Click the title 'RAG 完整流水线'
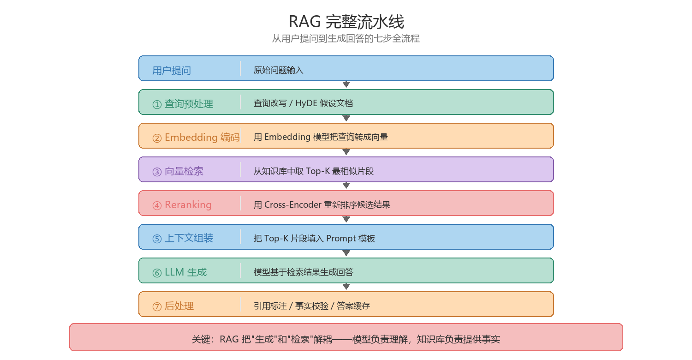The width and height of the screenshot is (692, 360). tap(346, 22)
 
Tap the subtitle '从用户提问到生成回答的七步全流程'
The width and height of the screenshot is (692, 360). tap(346, 38)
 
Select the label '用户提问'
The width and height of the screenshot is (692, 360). tap(172, 71)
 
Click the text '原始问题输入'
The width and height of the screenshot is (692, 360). tap(278, 70)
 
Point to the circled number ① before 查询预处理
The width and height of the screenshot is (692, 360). tap(157, 104)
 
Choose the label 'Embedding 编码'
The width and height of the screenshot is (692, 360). tap(202, 137)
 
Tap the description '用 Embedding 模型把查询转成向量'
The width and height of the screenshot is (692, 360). tap(321, 137)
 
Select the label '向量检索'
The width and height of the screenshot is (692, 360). tap(184, 171)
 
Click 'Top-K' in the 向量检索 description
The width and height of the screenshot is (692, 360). tap(318, 171)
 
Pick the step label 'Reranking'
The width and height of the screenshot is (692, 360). tap(188, 204)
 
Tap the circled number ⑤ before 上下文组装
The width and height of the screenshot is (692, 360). tap(157, 239)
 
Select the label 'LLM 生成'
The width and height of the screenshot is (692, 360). tap(185, 272)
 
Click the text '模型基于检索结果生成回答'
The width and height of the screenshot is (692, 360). tap(304, 272)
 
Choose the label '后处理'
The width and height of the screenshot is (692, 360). tap(179, 306)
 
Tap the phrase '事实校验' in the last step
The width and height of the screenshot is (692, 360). tap(312, 306)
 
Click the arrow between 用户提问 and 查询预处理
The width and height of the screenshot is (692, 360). tap(346, 84)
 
